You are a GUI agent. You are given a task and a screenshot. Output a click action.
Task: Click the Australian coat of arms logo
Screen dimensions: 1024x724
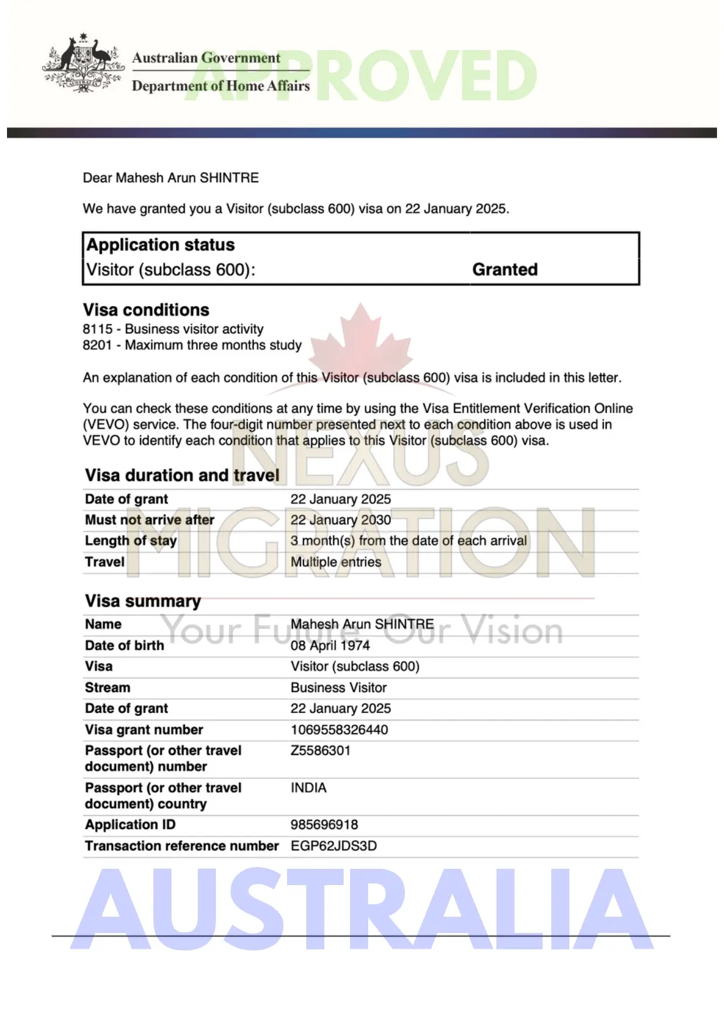coord(83,63)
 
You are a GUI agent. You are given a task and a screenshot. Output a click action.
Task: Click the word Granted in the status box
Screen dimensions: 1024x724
coord(505,270)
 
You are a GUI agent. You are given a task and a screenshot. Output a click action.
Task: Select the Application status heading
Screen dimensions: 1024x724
coord(160,245)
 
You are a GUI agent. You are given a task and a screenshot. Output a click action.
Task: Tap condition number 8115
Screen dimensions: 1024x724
coord(97,329)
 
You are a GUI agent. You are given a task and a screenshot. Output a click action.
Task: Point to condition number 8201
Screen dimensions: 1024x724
coord(97,345)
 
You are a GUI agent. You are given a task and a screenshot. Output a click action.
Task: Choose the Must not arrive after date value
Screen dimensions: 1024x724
coord(341,520)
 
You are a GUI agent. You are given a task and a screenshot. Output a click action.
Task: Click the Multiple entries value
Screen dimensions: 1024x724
coord(335,562)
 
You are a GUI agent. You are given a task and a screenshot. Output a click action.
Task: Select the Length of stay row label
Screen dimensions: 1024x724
coord(131,541)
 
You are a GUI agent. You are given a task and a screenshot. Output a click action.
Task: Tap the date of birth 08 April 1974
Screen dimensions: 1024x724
coord(330,645)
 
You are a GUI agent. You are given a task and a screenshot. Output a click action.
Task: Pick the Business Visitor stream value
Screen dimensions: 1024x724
coord(338,687)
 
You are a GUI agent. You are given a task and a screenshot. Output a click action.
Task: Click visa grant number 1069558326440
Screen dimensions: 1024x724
coord(339,730)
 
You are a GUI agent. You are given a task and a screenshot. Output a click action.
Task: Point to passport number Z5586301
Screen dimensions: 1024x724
coord(320,750)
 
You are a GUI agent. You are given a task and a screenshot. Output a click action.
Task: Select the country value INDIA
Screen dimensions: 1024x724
coord(309,788)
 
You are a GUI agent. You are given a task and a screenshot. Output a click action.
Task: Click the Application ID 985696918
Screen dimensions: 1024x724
coord(324,824)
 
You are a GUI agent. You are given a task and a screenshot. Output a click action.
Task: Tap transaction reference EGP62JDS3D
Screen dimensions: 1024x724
coord(334,846)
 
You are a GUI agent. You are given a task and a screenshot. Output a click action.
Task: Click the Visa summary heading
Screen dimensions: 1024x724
coord(143,601)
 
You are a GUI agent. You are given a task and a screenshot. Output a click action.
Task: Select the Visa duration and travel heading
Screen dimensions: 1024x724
coord(182,476)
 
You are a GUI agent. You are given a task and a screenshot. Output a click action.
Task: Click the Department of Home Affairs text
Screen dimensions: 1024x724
coord(221,86)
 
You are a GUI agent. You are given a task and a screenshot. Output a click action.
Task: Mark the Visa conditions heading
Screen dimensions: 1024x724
coord(146,310)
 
